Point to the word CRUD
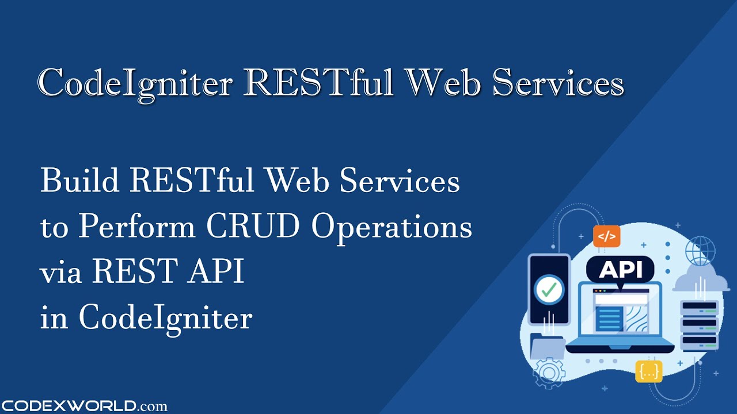pos(253,227)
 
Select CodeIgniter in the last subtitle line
pos(166,318)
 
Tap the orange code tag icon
pos(606,236)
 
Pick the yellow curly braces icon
pos(649,371)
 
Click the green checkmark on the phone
pos(549,289)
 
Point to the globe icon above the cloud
pos(700,251)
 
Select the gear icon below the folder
pos(549,373)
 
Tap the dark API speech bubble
pos(620,270)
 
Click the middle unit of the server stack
pos(699,324)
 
